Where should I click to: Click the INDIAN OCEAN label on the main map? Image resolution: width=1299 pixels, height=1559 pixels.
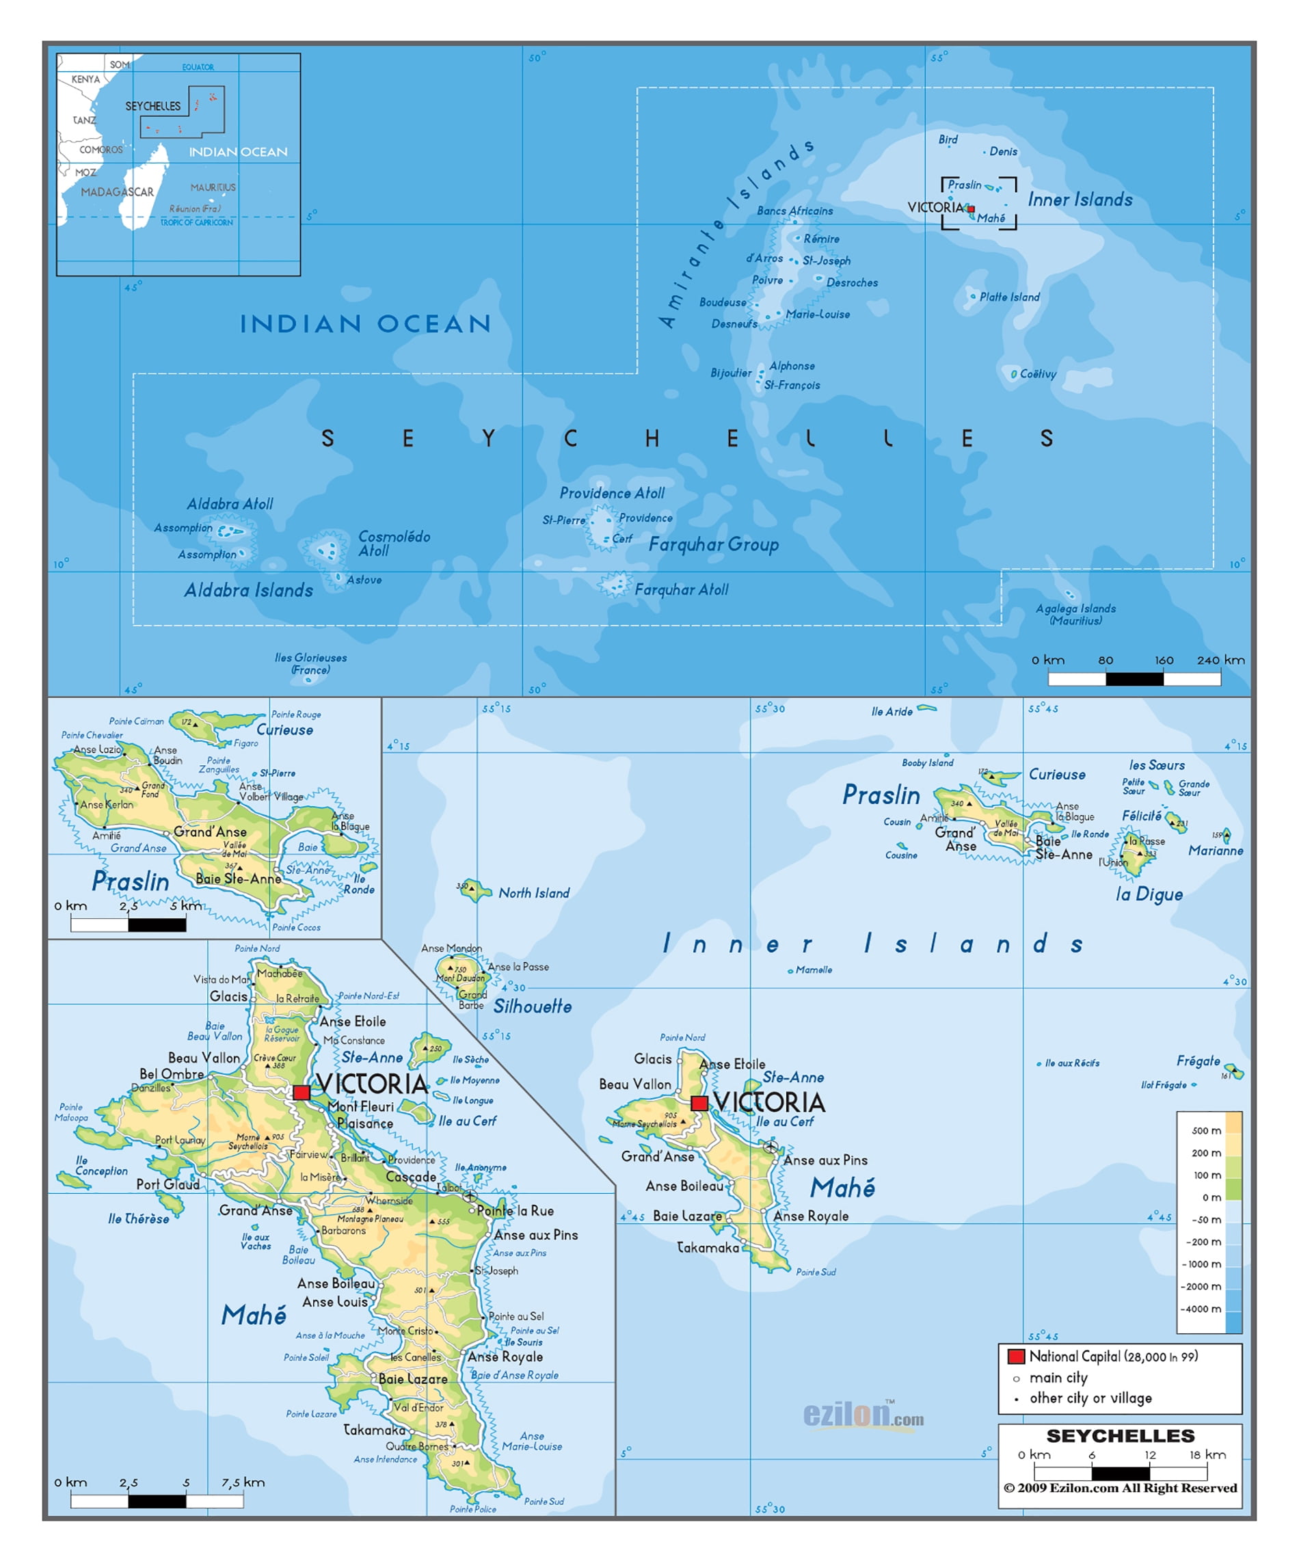(x=365, y=323)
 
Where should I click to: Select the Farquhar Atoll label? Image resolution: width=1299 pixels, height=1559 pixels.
(x=681, y=589)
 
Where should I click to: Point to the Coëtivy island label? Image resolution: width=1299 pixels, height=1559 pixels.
(x=1037, y=374)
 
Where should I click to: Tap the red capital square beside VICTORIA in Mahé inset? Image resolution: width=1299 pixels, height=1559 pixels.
(x=302, y=1092)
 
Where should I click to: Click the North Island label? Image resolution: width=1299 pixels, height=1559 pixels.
(x=534, y=893)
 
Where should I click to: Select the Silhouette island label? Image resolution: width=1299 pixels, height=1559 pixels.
(x=532, y=1007)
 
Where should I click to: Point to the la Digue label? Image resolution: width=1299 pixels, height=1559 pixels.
(x=1149, y=894)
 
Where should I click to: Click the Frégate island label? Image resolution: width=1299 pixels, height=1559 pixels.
(x=1197, y=1061)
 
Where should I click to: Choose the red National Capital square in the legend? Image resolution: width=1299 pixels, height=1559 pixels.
(x=1015, y=1357)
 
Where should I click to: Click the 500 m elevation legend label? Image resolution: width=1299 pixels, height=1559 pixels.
(x=1205, y=1131)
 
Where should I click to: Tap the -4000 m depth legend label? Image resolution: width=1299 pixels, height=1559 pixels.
(x=1201, y=1309)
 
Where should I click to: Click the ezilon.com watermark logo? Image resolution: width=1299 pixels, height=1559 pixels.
(x=863, y=1415)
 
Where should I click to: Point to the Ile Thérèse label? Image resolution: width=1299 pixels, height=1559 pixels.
(x=138, y=1219)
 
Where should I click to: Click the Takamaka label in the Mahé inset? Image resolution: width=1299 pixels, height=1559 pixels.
(x=374, y=1430)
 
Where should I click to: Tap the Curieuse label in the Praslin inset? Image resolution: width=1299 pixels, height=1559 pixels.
(x=284, y=730)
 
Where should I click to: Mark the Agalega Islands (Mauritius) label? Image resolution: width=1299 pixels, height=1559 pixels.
(x=1075, y=614)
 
